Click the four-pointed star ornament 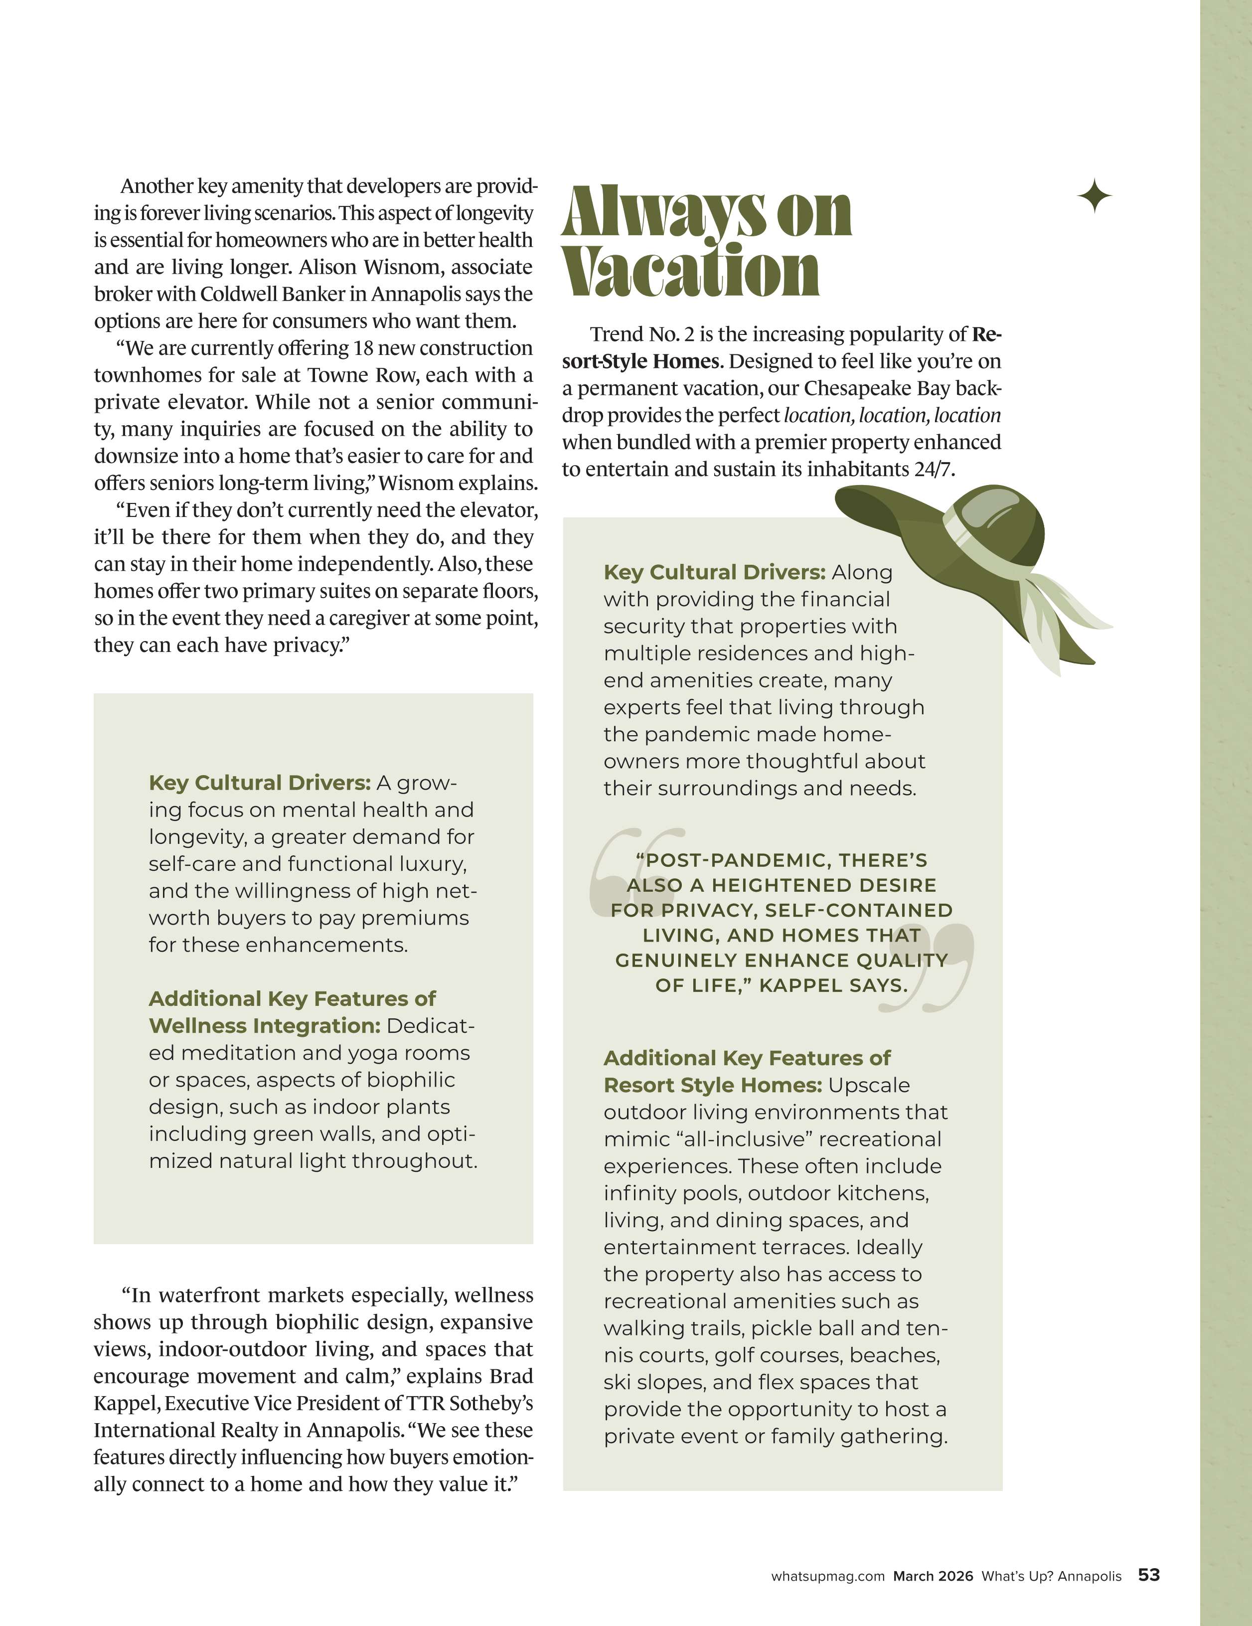[x=1094, y=196]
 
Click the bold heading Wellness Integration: [x=264, y=1026]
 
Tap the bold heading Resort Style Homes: [x=712, y=1086]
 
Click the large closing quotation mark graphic [x=927, y=968]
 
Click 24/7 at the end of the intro [x=934, y=470]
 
